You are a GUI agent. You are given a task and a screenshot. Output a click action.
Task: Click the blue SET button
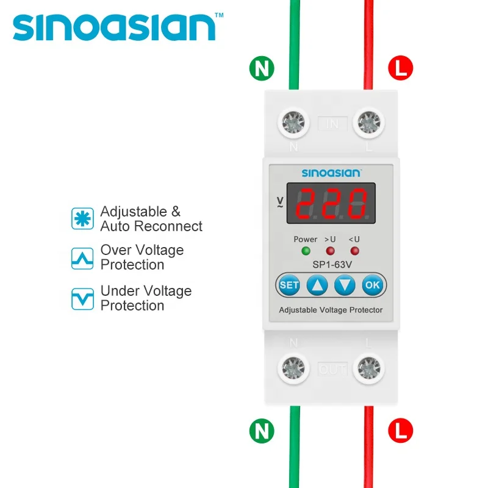[x=289, y=284]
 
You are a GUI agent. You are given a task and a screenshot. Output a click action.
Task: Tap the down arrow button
[x=345, y=284]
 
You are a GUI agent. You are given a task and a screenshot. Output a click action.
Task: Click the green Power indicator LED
[x=306, y=251]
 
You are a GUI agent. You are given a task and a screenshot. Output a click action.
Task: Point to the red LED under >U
[x=330, y=251]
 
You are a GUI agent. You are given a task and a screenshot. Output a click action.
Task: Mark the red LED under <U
[x=354, y=251]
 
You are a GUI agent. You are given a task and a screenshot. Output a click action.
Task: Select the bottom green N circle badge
[x=262, y=431]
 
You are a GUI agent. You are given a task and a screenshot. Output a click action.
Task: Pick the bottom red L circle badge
[x=400, y=431]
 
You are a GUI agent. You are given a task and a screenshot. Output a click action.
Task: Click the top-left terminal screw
[x=294, y=124]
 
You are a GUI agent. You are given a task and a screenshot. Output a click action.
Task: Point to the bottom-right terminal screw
[x=368, y=368]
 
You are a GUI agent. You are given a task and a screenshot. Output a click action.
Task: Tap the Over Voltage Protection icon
[x=82, y=258]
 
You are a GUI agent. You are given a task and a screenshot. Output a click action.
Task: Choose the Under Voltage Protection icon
[x=82, y=298]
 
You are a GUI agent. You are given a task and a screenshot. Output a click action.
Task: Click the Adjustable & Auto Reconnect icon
[x=82, y=218]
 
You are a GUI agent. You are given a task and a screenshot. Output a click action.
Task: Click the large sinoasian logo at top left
[x=115, y=27]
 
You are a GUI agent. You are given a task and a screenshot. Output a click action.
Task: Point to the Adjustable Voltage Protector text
[x=331, y=310]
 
